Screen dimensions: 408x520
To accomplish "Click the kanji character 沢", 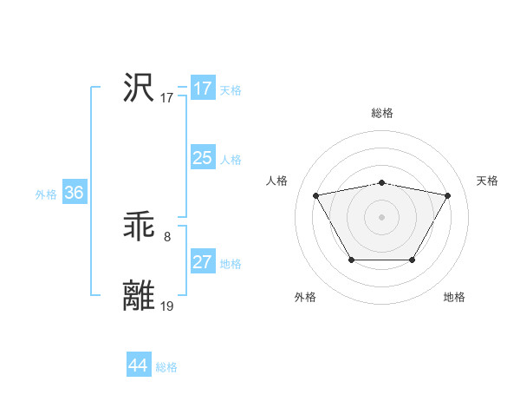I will [139, 88].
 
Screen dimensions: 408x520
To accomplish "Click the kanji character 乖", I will [139, 227].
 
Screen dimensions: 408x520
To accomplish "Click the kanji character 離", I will [139, 295].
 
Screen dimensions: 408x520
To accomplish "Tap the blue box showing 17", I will [203, 89].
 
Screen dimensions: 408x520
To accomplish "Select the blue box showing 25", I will [203, 157].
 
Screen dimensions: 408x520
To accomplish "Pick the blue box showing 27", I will [203, 261].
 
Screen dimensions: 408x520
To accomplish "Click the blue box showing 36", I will [74, 193].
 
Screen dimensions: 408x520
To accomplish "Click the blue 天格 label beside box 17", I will [231, 90].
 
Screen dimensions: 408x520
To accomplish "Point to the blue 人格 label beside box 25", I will [231, 160].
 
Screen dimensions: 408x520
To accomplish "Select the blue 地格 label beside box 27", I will [231, 264].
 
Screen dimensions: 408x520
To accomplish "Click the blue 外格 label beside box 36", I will [46, 194].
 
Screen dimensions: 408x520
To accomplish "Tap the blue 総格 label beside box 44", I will [166, 367].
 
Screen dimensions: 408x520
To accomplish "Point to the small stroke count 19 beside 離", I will [167, 306].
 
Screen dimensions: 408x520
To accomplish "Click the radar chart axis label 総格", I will [382, 113].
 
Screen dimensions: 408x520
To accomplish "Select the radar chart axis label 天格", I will [487, 181].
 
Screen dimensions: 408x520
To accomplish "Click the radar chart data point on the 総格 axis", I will [381, 183].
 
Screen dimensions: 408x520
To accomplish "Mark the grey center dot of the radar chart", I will [381, 216].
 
